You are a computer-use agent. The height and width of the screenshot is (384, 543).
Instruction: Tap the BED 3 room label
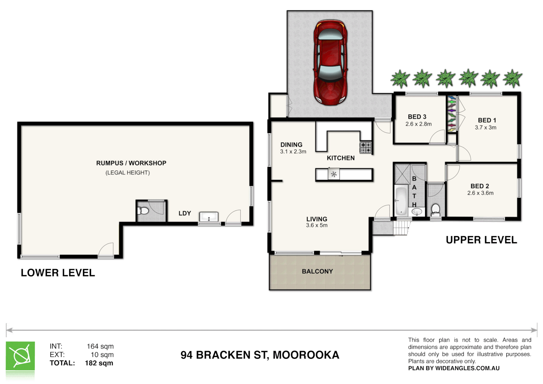click(x=417, y=117)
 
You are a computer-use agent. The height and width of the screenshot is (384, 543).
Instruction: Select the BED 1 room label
click(x=487, y=121)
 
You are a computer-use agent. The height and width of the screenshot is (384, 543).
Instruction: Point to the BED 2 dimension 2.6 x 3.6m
click(x=480, y=193)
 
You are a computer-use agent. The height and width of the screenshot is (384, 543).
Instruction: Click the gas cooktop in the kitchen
click(x=366, y=147)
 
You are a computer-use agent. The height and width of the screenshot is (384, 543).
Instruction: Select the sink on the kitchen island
click(x=334, y=174)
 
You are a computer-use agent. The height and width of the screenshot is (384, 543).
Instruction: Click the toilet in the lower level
click(x=143, y=211)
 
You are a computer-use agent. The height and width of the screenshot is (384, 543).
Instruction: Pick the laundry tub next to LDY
click(x=209, y=217)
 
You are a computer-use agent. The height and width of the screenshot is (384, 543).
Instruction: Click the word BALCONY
click(x=317, y=271)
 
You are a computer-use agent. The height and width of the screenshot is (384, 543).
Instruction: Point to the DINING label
click(x=291, y=145)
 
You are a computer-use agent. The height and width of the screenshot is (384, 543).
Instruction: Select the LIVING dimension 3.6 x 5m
click(x=316, y=225)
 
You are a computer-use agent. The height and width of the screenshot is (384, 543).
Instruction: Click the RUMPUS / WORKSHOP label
click(x=131, y=163)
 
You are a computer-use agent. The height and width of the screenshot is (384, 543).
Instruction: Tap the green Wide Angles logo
click(x=20, y=356)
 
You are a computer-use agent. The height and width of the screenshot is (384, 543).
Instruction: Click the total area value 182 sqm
click(x=99, y=363)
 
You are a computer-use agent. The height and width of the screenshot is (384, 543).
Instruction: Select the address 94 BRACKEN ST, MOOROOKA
click(x=260, y=355)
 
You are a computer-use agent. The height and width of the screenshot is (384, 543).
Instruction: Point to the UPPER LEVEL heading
click(x=481, y=240)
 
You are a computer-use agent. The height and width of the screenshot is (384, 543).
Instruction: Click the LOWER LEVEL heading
click(x=58, y=273)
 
